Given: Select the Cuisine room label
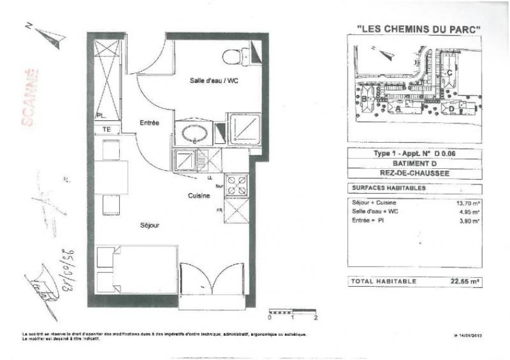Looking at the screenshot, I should [199, 195].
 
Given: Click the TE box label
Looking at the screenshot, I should [106, 129].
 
